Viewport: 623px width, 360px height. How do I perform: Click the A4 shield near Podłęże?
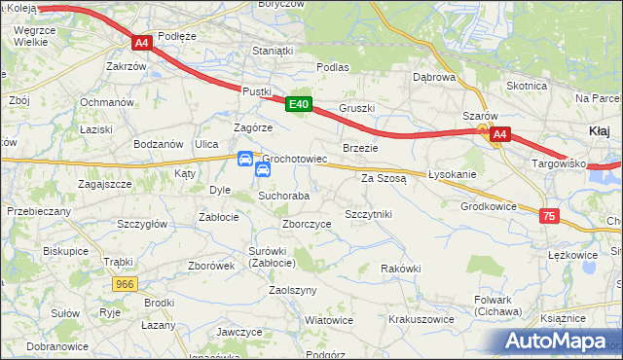[141, 43]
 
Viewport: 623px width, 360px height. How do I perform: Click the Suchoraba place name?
[283, 196]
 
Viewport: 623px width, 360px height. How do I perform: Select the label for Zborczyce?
[307, 224]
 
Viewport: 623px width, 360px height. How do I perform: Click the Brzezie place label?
[360, 148]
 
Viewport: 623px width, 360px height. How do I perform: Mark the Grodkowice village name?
[489, 206]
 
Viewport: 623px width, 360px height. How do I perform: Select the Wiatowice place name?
[329, 319]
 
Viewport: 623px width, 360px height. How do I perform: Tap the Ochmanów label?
[106, 102]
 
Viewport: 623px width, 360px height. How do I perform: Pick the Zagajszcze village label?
[105, 183]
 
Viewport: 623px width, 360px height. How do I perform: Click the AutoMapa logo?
[557, 342]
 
